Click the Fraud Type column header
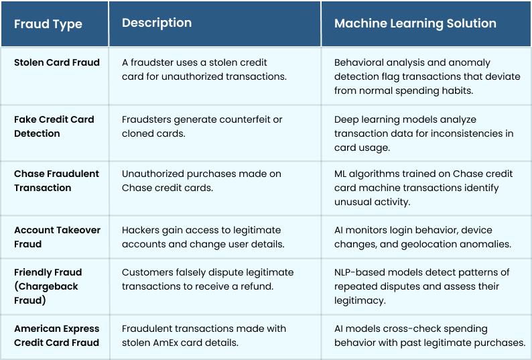click(x=48, y=24)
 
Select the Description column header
click(x=157, y=23)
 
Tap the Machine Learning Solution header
click(x=415, y=23)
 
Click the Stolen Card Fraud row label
click(x=57, y=62)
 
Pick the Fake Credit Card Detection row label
click(x=54, y=126)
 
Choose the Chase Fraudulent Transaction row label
click(x=56, y=181)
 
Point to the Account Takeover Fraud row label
click(x=57, y=237)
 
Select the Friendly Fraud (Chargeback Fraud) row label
click(x=48, y=286)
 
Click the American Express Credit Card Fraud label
click(x=57, y=336)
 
